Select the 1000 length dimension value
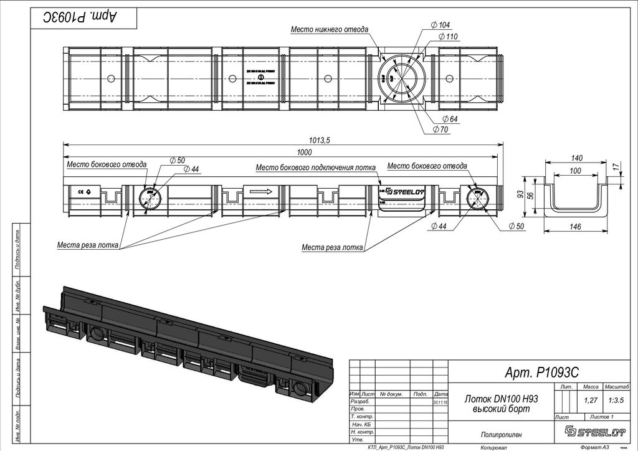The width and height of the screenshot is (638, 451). coord(304,153)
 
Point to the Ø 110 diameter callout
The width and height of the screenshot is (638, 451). coord(447,37)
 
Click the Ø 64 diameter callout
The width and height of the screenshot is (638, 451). coord(449,119)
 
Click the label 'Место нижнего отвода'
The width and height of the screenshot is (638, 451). coord(330,29)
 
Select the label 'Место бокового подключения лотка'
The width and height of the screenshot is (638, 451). coord(316,167)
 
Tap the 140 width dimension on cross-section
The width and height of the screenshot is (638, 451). coord(576,158)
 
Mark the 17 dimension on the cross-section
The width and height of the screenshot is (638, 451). coord(616,167)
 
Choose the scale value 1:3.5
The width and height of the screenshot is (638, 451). coord(617,400)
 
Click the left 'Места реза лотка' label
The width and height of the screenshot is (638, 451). coord(87,245)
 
